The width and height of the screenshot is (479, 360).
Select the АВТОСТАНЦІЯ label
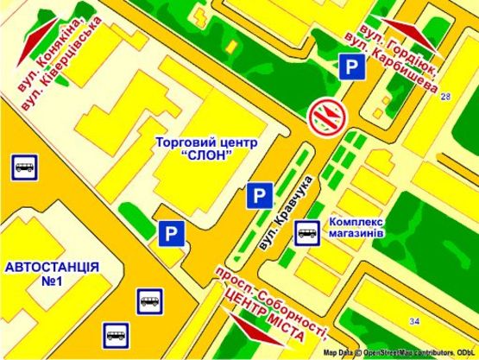pyautogui.click(x=52, y=267)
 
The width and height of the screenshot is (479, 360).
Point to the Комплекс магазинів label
pyautogui.click(x=362, y=228)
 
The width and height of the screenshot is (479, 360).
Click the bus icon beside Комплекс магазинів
pyautogui.click(x=307, y=231)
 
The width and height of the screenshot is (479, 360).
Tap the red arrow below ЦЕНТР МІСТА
pyautogui.click(x=260, y=332)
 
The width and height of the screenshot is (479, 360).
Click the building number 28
pyautogui.click(x=445, y=97)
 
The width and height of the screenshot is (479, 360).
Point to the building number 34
pyautogui.click(x=415, y=322)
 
